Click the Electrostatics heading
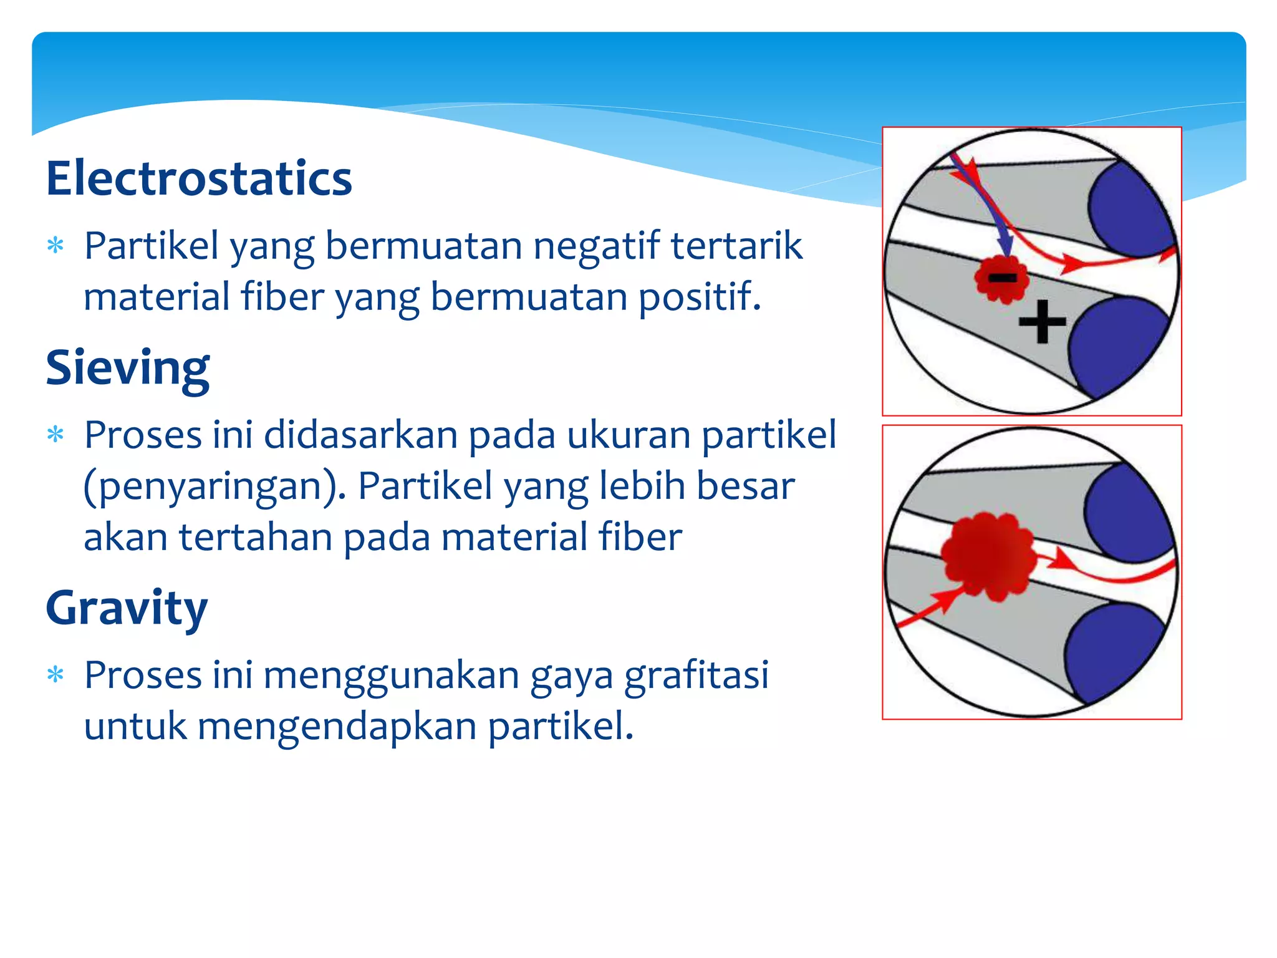tap(199, 179)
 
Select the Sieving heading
tap(127, 368)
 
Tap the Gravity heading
tap(127, 608)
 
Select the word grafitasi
tap(696, 675)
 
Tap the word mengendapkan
tap(337, 727)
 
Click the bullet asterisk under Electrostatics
tap(56, 246)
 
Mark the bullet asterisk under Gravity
tap(56, 675)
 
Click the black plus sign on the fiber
tap(1042, 322)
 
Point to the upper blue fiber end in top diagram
tap(1129, 212)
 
